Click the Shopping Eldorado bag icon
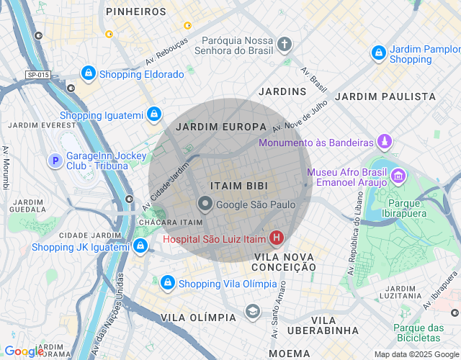tap(88, 73)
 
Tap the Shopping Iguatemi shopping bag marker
tap(153, 114)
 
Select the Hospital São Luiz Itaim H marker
tap(276, 238)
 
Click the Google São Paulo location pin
tap(205, 204)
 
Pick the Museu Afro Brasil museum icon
tap(398, 175)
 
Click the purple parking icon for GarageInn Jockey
tap(55, 161)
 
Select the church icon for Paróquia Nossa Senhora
tap(285, 45)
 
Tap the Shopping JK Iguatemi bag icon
tap(140, 247)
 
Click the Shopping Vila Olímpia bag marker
tap(167, 283)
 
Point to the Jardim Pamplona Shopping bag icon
tap(378, 53)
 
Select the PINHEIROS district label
tap(136, 12)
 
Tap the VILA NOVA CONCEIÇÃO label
tap(285, 261)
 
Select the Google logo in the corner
tap(23, 351)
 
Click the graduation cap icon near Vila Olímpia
tap(252, 311)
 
